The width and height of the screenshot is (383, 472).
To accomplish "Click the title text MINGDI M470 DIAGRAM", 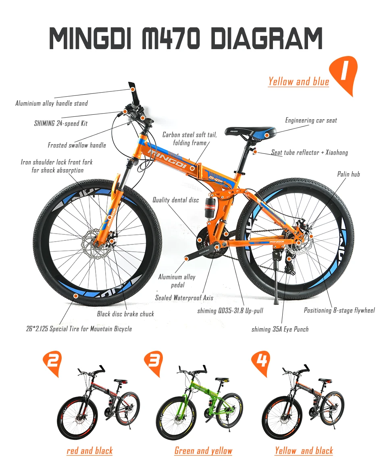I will coord(186,39).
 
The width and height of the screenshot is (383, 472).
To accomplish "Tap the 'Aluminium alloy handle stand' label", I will coord(52,104).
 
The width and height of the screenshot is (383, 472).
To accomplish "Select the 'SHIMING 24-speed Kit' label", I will coord(60,123).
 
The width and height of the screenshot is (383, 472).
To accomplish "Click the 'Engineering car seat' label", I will coord(311,120).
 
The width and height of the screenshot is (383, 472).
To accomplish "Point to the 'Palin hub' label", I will coord(348,174).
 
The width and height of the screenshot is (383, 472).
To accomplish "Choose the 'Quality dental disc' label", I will coord(175,200).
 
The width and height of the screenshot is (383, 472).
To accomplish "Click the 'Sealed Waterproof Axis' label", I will coord(184,298).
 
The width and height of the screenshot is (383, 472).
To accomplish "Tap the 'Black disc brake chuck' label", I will coord(125,314).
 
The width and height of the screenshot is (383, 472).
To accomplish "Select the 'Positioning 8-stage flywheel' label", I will coord(339,310).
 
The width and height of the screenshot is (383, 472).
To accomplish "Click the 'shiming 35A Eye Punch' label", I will coord(280,329).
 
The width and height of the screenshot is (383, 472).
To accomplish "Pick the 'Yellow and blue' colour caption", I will coord(299,82).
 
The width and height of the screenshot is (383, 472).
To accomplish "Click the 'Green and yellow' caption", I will coord(203,451).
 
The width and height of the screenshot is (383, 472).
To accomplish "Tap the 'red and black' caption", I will coord(90,451).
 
